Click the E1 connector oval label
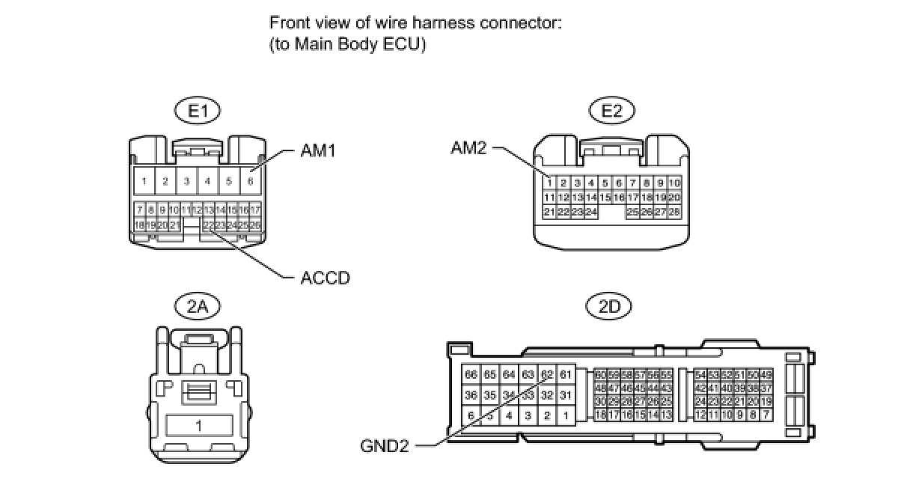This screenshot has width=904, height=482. pyautogui.click(x=198, y=112)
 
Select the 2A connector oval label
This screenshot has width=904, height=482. pyautogui.click(x=198, y=305)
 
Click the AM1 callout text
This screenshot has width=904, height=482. pyautogui.click(x=318, y=151)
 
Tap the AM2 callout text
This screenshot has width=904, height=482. pyautogui.click(x=468, y=148)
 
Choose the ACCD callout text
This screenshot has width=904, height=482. pyautogui.click(x=325, y=278)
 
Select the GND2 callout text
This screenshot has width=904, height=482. pyautogui.click(x=385, y=446)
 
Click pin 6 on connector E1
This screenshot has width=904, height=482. pyautogui.click(x=251, y=180)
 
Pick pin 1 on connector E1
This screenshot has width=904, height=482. pyautogui.click(x=144, y=180)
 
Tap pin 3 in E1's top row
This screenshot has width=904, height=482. pyautogui.click(x=186, y=180)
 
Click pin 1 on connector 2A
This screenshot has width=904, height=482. pyautogui.click(x=198, y=426)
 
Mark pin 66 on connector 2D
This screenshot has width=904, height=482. pyautogui.click(x=471, y=374)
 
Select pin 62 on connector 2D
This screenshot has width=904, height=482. pyautogui.click(x=547, y=374)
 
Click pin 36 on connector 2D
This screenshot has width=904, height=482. pyautogui.click(x=471, y=395)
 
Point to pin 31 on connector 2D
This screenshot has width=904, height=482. pyautogui.click(x=566, y=395)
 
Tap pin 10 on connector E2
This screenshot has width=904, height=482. pyautogui.click(x=674, y=183)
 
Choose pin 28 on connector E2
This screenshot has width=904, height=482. pyautogui.click(x=674, y=213)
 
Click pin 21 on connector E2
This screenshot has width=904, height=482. pyautogui.click(x=549, y=213)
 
